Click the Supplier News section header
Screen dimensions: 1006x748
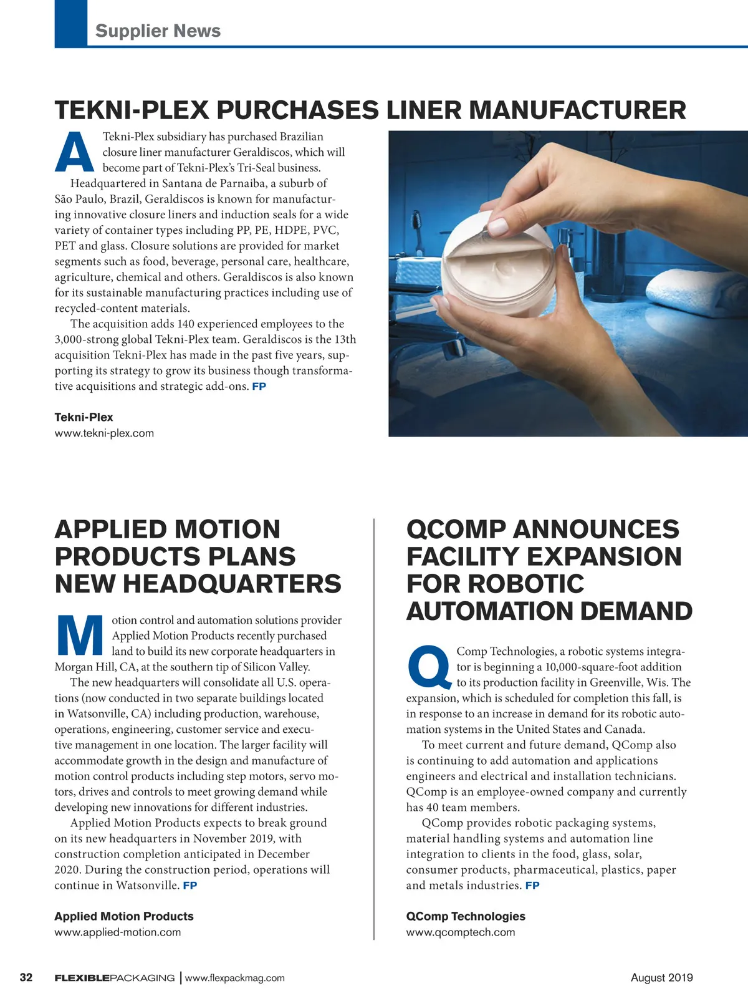158,31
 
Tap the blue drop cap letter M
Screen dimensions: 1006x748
80,636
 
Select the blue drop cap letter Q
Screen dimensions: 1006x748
429,665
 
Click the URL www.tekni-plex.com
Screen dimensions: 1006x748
104,433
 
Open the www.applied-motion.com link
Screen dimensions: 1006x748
118,932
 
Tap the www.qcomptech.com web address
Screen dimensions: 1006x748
461,932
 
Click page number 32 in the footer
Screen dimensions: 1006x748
26,977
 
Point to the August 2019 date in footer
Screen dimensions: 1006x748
661,977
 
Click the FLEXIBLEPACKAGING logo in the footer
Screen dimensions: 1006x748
115,978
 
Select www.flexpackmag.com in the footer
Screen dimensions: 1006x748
235,978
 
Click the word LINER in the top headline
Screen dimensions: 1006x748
423,110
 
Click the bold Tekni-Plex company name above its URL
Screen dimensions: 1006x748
84,417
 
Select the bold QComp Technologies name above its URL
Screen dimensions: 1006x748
466,916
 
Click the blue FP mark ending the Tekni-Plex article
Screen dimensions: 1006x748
259,387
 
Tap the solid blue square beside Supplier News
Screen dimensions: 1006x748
71,23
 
